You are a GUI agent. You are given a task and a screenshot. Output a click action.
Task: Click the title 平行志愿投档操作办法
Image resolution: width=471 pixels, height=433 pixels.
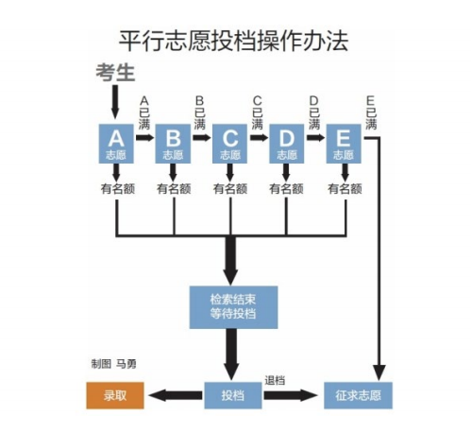pyautogui.click(x=235, y=42)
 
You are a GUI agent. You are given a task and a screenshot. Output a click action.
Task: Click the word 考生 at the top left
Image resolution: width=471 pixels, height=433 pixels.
pyautogui.click(x=116, y=71)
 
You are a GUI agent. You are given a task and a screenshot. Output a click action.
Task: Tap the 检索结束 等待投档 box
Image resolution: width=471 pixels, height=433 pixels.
pyautogui.click(x=230, y=304)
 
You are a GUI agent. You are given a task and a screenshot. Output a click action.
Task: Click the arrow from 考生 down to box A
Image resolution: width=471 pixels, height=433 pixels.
pyautogui.click(x=115, y=100)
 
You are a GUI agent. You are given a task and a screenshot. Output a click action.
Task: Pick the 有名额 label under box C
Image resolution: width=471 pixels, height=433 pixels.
pyautogui.click(x=230, y=188)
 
